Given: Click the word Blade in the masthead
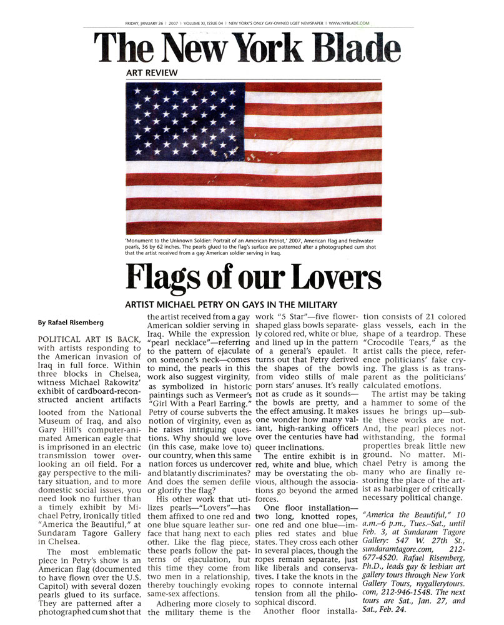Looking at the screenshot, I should tap(339, 49).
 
